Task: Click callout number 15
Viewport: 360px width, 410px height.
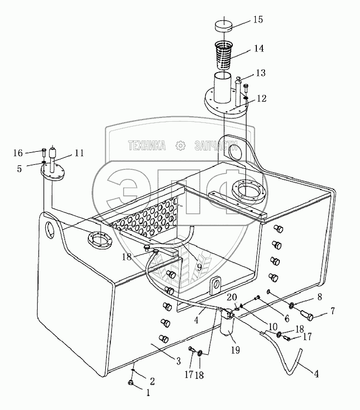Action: (257, 20)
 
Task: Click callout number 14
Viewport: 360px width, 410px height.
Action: (257, 48)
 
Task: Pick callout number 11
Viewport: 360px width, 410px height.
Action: (79, 153)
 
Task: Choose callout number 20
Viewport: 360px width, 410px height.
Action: (231, 297)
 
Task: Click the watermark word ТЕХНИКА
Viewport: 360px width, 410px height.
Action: (146, 146)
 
